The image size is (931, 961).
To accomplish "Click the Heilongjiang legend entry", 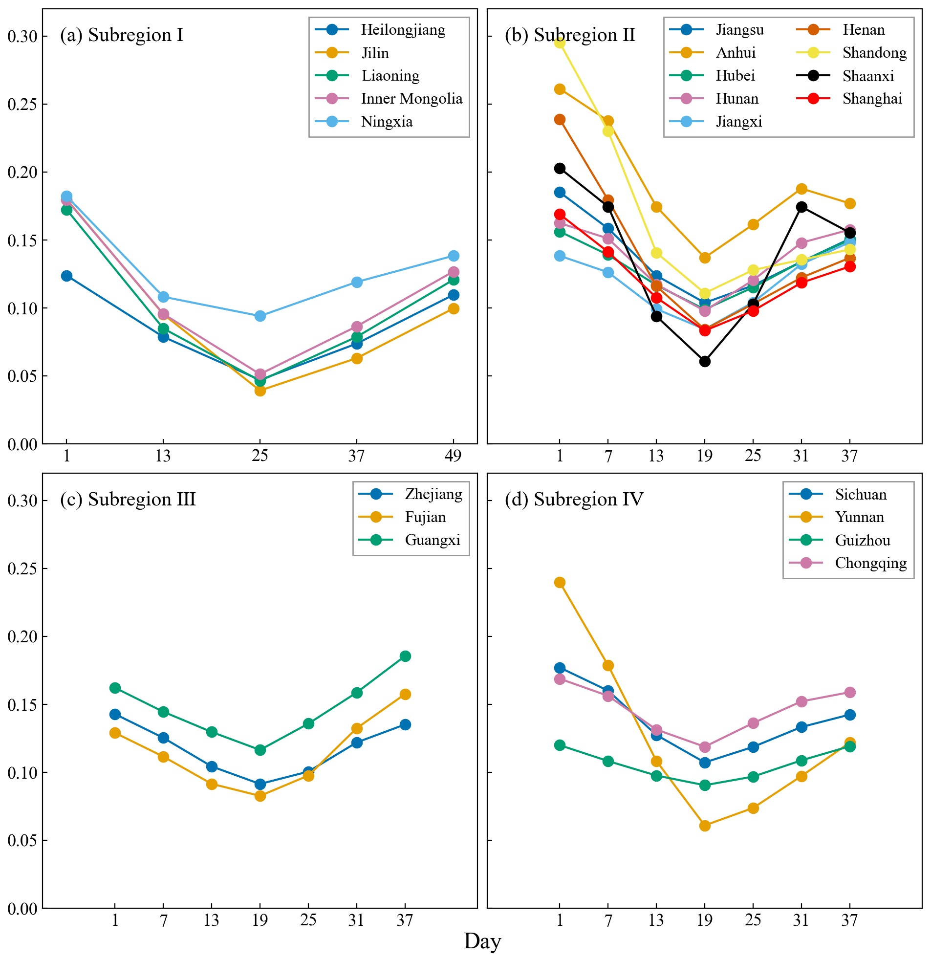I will pyautogui.click(x=403, y=30).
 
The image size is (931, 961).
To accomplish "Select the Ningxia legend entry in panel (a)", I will pyautogui.click(x=386, y=122).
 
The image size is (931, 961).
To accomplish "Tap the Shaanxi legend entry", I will pyautogui.click(x=868, y=76).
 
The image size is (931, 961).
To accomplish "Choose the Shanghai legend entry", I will pyautogui.click(x=872, y=99).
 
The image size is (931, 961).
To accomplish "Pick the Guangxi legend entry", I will pyautogui.click(x=432, y=540).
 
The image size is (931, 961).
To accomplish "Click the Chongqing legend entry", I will pyautogui.click(x=870, y=563).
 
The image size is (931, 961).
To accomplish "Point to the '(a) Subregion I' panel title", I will pyautogui.click(x=121, y=35).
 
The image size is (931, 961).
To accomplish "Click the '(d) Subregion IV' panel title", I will pyautogui.click(x=574, y=500).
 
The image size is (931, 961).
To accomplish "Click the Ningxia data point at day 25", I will pyautogui.click(x=260, y=316).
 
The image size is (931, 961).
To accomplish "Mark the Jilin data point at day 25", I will pyautogui.click(x=260, y=391).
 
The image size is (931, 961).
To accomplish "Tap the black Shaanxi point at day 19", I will pyautogui.click(x=705, y=361).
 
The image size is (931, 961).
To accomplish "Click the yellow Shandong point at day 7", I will pyautogui.click(x=608, y=131).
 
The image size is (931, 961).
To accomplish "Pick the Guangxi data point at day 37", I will pyautogui.click(x=405, y=656).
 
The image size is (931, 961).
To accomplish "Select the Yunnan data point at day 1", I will pyautogui.click(x=560, y=583).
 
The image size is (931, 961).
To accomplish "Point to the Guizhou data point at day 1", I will pyautogui.click(x=560, y=745).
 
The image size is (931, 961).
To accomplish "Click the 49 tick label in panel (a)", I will pyautogui.click(x=453, y=457).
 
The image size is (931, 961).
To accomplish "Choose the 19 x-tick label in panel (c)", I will pyautogui.click(x=260, y=921).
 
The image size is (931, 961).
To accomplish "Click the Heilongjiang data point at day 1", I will pyautogui.click(x=66, y=276).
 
